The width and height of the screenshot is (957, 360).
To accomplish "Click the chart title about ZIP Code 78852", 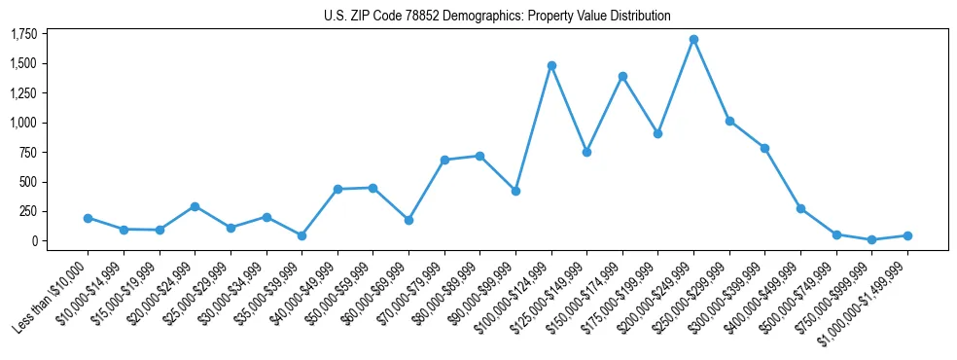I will (x=497, y=16).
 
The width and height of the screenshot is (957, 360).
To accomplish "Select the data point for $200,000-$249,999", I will (x=693, y=40).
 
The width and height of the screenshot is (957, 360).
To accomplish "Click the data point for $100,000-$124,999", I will (x=551, y=65).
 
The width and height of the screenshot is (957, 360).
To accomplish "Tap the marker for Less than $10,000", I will (x=89, y=218).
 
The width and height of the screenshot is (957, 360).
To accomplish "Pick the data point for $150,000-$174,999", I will (x=622, y=76).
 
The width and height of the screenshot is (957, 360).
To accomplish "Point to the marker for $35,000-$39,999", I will (x=301, y=235).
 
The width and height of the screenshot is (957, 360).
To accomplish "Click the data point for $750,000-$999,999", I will (x=871, y=239).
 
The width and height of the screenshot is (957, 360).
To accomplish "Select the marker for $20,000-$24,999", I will (x=195, y=206).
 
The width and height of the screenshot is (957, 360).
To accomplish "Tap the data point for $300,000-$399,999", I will (x=764, y=148).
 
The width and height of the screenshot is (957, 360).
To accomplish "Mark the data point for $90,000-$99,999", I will (x=515, y=191).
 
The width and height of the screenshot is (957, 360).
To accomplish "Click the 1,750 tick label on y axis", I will (x=23, y=34).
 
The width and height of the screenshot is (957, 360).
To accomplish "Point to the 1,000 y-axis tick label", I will (x=23, y=123).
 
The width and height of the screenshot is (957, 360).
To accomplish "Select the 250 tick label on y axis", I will (x=27, y=211).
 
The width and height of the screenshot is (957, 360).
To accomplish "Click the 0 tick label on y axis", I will (x=33, y=240).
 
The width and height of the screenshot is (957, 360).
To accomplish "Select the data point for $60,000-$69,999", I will (x=408, y=220).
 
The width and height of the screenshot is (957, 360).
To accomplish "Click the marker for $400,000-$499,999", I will (x=800, y=208).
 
